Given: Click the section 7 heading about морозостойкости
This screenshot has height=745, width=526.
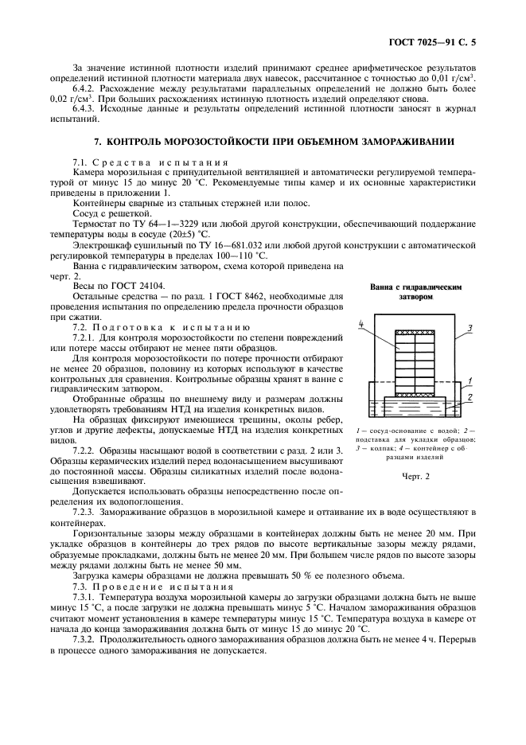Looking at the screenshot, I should pos(275,142).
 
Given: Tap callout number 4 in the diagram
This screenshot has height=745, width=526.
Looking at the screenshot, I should pos(361,323).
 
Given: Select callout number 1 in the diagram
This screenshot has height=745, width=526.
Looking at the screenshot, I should pos(470,381).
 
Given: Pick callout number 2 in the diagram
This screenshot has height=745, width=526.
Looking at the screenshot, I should pos(470,396).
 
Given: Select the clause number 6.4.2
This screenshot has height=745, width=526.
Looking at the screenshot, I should pos(85,88).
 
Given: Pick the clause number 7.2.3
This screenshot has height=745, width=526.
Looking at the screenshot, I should pos(85,513).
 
